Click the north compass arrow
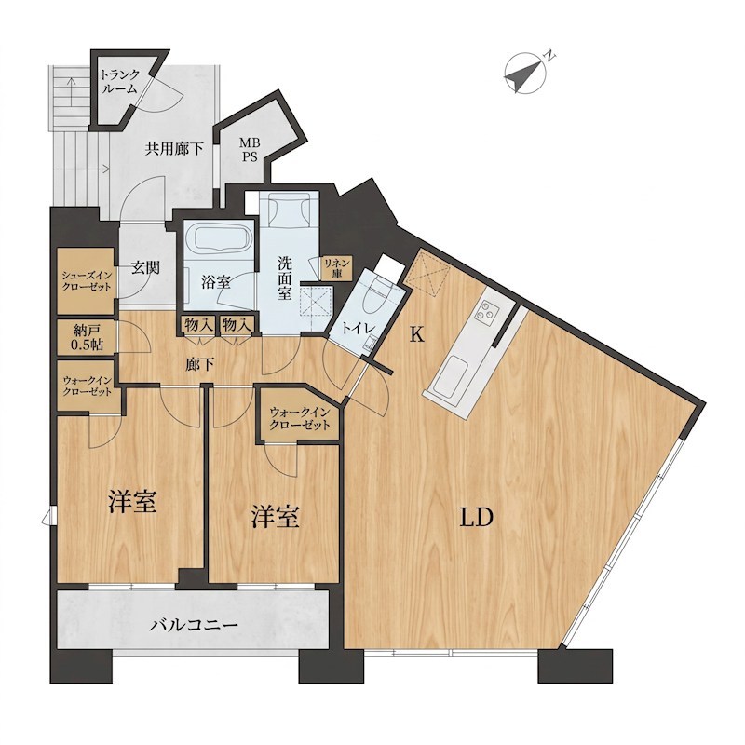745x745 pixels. [x=524, y=74]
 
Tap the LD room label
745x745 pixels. [x=477, y=518]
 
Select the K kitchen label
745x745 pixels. [x=416, y=335]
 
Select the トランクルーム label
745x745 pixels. [x=120, y=81]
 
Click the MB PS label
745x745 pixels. [x=250, y=149]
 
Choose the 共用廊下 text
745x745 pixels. [x=174, y=150]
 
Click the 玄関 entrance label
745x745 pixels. [x=145, y=268]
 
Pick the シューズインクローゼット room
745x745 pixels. [x=87, y=280]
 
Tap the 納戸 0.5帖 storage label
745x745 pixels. [x=87, y=337]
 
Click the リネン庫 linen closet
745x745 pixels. [x=337, y=268]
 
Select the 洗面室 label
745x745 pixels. [x=285, y=278]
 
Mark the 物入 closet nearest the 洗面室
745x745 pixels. [x=237, y=325]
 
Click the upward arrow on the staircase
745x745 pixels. [x=71, y=92]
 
